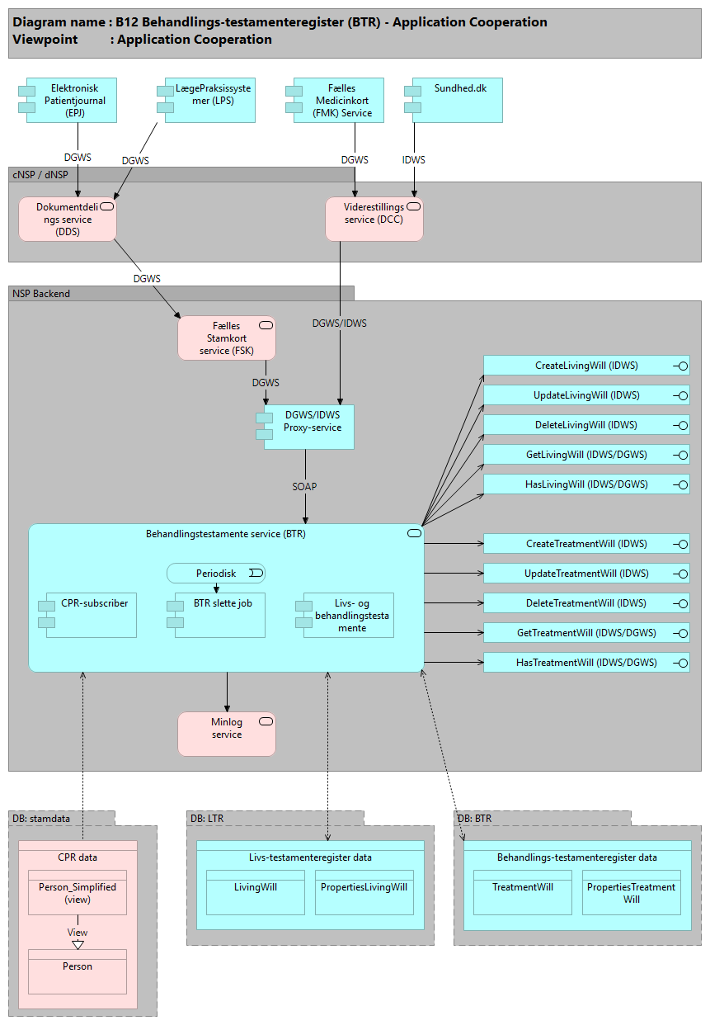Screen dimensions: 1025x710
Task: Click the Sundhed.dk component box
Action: tap(457, 100)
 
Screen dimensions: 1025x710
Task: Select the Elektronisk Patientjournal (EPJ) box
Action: tap(72, 100)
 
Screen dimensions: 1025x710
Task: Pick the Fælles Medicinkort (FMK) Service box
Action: tap(339, 100)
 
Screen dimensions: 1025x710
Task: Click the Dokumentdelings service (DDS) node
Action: tap(68, 220)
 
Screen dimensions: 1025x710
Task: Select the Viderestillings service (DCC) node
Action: tap(374, 219)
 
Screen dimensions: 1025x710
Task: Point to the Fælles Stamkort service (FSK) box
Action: tap(227, 338)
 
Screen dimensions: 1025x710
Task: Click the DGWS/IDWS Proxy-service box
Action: tap(309, 427)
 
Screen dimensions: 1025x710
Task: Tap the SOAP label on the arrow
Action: tap(304, 487)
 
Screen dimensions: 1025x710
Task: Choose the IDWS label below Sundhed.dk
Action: tap(413, 160)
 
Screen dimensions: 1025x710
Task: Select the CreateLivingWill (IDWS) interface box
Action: tap(585, 366)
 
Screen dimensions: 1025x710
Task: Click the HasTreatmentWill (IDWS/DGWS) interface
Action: tap(585, 663)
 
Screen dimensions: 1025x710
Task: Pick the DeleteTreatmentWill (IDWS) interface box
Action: tap(585, 603)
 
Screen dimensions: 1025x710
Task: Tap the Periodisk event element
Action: tap(216, 574)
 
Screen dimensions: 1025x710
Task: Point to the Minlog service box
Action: tap(227, 735)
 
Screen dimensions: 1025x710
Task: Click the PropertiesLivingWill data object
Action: tap(364, 892)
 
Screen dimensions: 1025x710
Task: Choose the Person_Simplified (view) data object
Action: tap(78, 893)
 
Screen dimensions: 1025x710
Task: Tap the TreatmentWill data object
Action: tap(523, 892)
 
